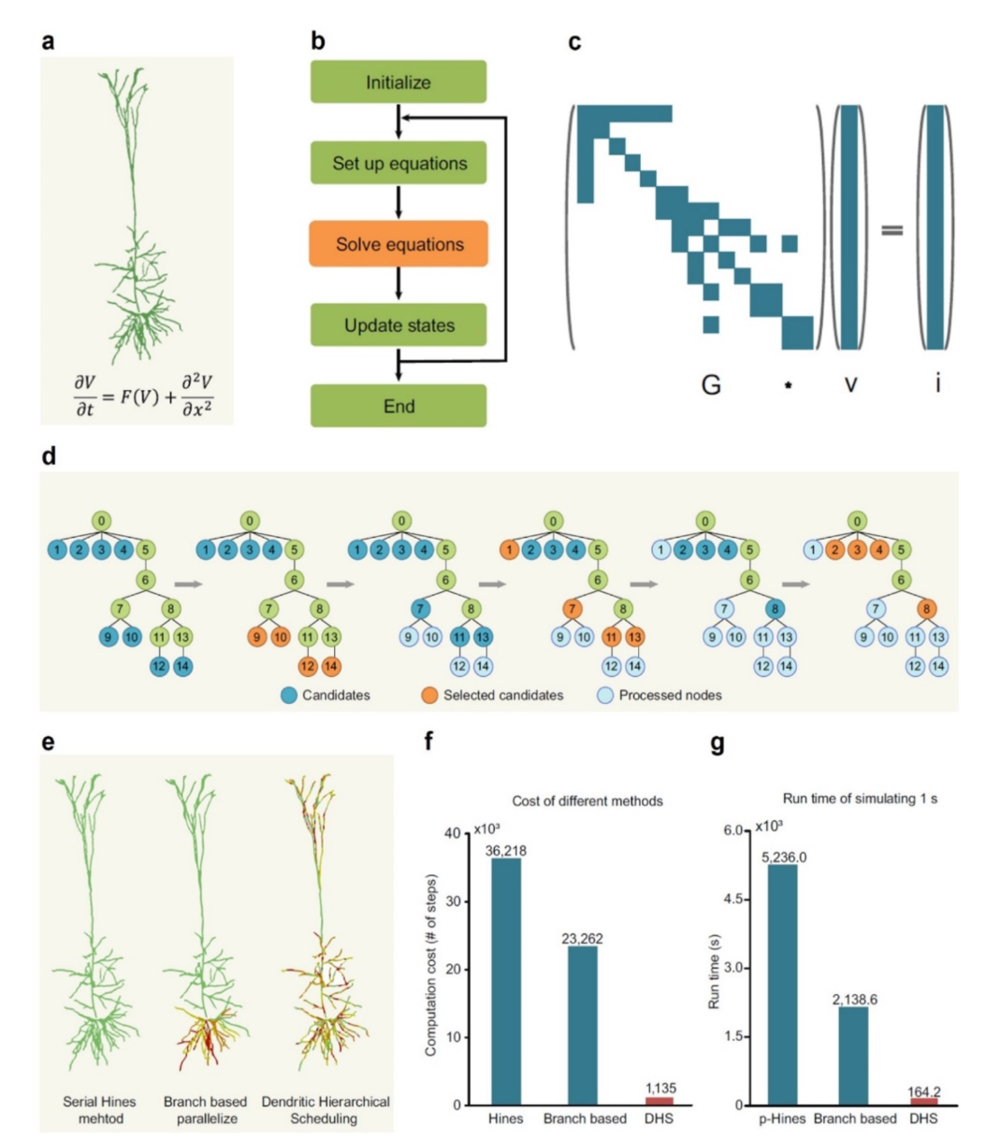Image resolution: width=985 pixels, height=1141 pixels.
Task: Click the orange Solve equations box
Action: [x=398, y=244]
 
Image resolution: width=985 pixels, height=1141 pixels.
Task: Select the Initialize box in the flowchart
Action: [x=398, y=81]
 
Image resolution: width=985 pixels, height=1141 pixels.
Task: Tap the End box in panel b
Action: [x=398, y=406]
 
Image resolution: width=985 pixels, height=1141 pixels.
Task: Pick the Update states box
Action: [x=398, y=325]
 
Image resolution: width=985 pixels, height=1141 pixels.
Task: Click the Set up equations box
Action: [x=398, y=163]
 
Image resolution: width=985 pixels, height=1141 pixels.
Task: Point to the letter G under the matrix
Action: [x=711, y=384]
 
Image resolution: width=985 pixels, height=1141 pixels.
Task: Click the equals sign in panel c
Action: [x=891, y=230]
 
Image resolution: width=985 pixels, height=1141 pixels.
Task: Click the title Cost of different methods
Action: [x=587, y=801]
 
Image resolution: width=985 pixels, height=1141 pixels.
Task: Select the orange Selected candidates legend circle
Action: [x=429, y=695]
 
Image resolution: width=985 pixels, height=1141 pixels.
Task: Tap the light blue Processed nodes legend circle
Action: [x=606, y=695]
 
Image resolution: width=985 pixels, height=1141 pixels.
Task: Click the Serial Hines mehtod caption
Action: [x=99, y=1110]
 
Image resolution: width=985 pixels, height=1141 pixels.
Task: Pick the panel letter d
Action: [x=49, y=456]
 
